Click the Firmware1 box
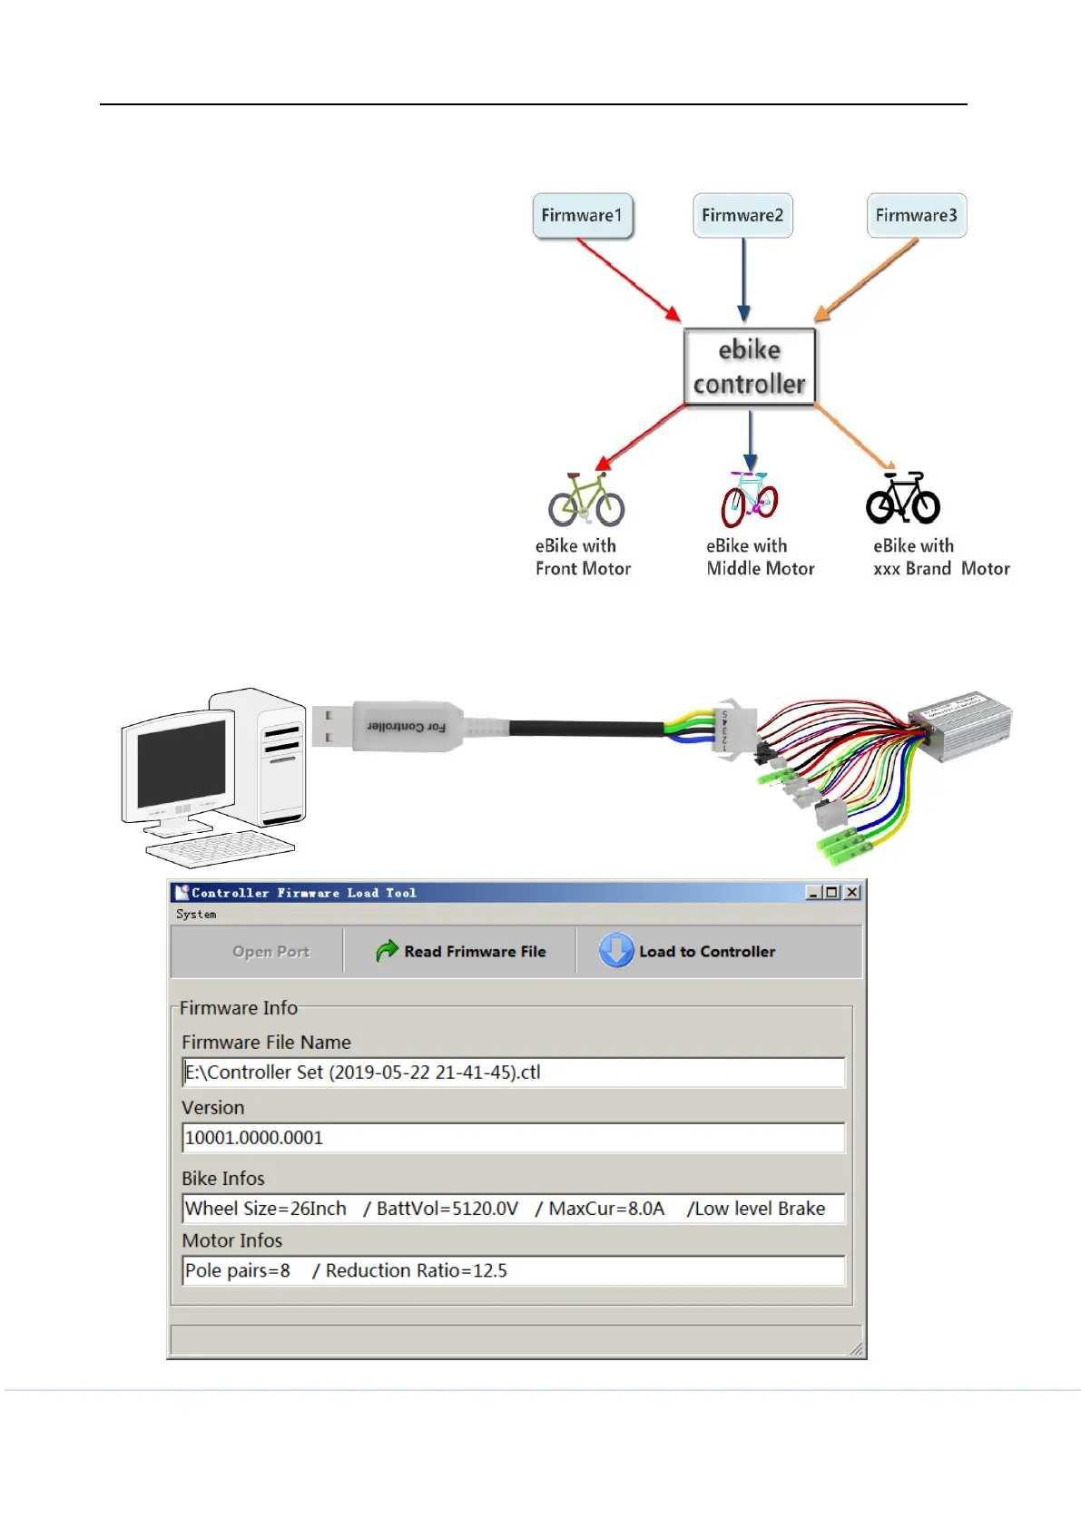(x=582, y=216)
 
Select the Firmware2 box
(x=742, y=216)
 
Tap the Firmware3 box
(x=916, y=216)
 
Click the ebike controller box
(x=750, y=367)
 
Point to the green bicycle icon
(x=586, y=500)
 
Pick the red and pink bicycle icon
(x=750, y=499)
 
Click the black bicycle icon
(x=902, y=499)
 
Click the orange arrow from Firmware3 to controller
(x=866, y=279)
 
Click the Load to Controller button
(x=688, y=951)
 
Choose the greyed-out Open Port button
(x=270, y=952)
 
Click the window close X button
(x=851, y=893)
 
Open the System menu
(x=196, y=915)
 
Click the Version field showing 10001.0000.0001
(x=513, y=1138)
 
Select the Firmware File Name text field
(x=513, y=1073)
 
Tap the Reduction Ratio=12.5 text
(x=416, y=1270)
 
